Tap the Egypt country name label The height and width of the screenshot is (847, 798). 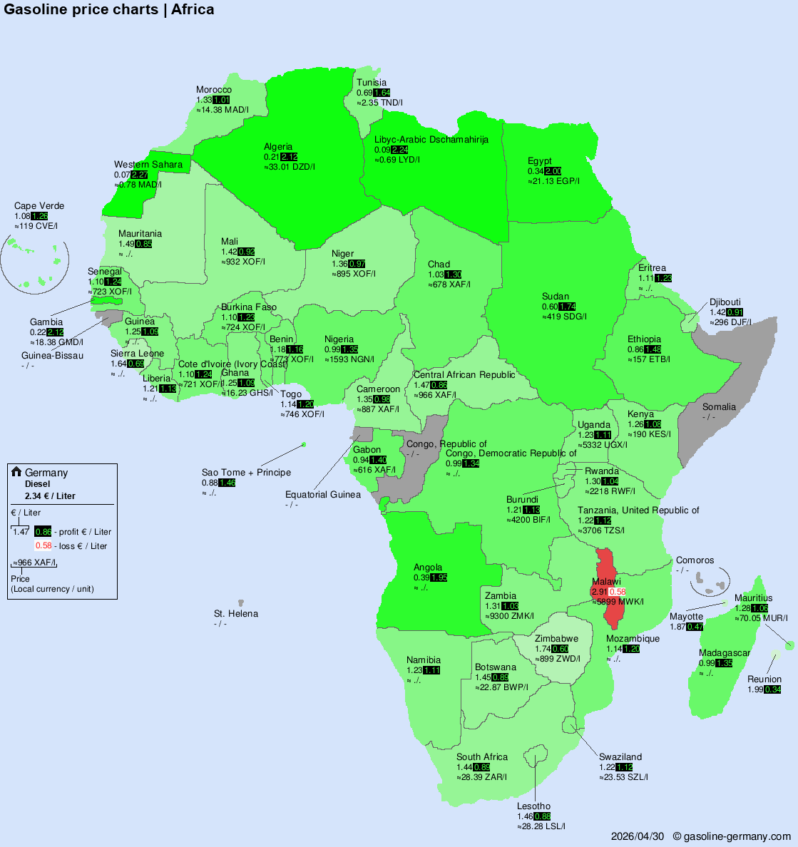[x=539, y=161]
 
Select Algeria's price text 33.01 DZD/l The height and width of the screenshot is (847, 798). [x=290, y=167]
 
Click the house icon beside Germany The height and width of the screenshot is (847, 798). [x=16, y=472]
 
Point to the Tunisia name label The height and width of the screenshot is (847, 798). [x=372, y=83]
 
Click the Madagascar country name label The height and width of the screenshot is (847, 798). [x=724, y=653]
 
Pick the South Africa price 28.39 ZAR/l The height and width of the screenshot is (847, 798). [x=483, y=777]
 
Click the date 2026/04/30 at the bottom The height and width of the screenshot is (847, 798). [x=638, y=836]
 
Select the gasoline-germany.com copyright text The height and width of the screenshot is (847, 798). [x=732, y=836]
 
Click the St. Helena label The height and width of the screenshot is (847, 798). [x=236, y=614]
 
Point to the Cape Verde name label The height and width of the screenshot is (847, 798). [x=39, y=206]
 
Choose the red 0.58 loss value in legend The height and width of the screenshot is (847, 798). [x=43, y=546]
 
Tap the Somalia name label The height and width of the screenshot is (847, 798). [x=719, y=407]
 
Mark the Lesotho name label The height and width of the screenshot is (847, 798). [x=533, y=806]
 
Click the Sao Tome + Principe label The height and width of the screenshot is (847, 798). [x=246, y=473]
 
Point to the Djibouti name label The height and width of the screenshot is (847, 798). [x=725, y=302]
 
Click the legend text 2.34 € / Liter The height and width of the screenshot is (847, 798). [x=50, y=496]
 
